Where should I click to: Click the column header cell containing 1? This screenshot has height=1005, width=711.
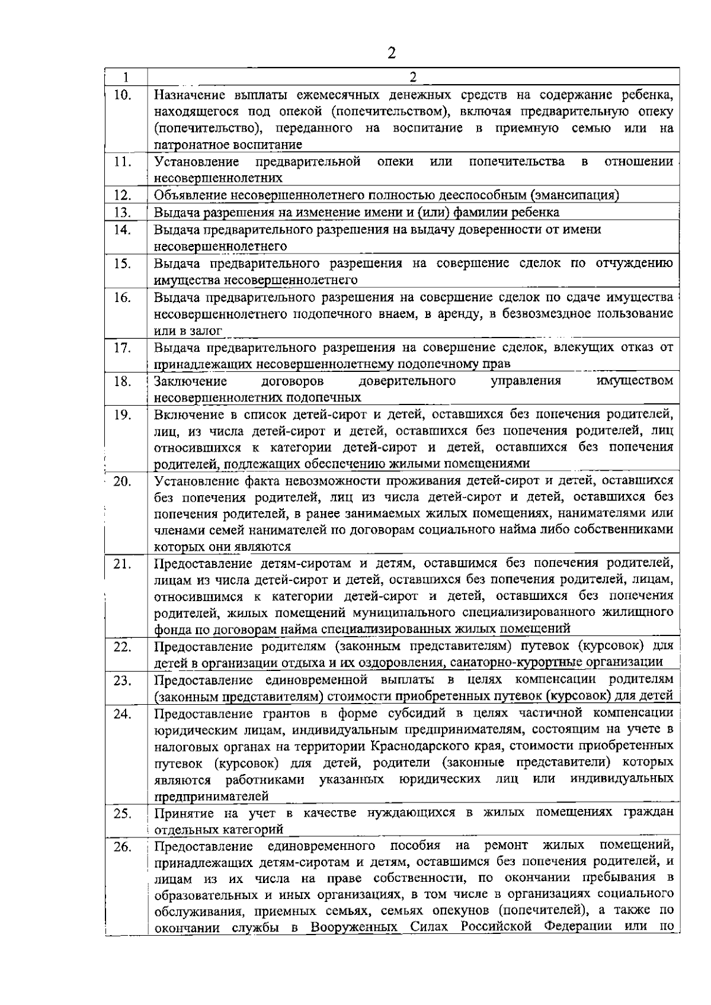click(x=126, y=78)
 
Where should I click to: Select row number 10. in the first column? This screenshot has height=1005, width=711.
click(x=123, y=95)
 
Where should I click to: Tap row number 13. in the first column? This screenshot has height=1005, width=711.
click(x=123, y=213)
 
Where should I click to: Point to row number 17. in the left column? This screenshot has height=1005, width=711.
click(x=123, y=348)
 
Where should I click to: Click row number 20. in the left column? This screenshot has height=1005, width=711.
click(x=123, y=481)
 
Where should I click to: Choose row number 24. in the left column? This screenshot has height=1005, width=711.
click(x=123, y=714)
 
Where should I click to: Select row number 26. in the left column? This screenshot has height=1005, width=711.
click(x=123, y=847)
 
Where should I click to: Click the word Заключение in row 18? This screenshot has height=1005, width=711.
click(x=190, y=381)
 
